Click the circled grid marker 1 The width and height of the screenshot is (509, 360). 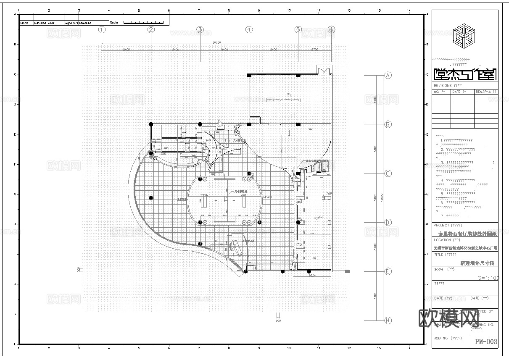[102, 30]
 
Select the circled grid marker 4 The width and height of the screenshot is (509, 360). [249, 30]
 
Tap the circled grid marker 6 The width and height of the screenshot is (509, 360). [332, 30]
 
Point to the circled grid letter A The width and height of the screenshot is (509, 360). [388, 75]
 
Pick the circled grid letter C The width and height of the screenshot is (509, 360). [388, 173]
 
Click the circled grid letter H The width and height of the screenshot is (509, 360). [388, 321]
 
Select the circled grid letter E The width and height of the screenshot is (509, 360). [388, 272]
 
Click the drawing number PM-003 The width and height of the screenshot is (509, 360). [486, 342]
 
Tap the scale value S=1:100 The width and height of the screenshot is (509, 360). [488, 278]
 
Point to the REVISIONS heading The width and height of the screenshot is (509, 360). [447, 85]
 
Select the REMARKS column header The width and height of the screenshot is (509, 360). [486, 92]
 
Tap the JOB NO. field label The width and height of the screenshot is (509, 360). [448, 338]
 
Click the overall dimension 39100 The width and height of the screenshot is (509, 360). [217, 42]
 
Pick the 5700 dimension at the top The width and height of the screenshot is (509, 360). [315, 50]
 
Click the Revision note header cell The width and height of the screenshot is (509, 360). [44, 23]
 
